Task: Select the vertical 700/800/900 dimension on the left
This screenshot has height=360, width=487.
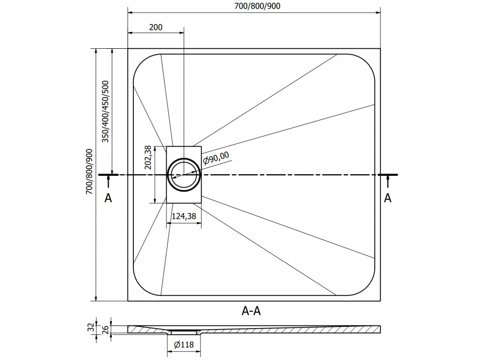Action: tap(90, 172)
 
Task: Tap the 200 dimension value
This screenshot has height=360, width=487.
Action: tap(155, 27)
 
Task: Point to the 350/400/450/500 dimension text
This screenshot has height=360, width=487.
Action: tap(105, 112)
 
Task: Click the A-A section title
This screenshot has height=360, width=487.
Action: tap(251, 311)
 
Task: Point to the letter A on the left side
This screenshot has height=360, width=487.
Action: tap(108, 198)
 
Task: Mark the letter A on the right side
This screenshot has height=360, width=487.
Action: tap(388, 197)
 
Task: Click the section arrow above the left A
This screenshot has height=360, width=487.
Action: tap(108, 182)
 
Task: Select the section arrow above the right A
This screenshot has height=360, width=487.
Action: tap(388, 182)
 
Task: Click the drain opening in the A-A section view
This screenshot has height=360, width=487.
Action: tap(184, 332)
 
